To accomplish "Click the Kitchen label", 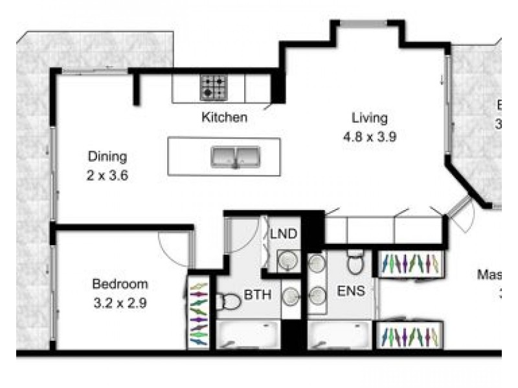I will [224, 118].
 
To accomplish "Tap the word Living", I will [370, 118].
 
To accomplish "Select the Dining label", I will [107, 156].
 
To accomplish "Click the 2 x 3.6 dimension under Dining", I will [107, 174].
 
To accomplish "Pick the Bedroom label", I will [120, 284].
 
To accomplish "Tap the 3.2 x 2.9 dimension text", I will [120, 302].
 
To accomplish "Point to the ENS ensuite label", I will [350, 291].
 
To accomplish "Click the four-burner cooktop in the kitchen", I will [214, 87].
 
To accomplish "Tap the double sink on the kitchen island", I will [234, 156].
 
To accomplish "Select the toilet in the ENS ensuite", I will [355, 263].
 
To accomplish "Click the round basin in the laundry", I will [287, 261].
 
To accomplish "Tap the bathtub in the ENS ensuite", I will [339, 335].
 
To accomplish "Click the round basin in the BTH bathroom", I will [292, 296].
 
